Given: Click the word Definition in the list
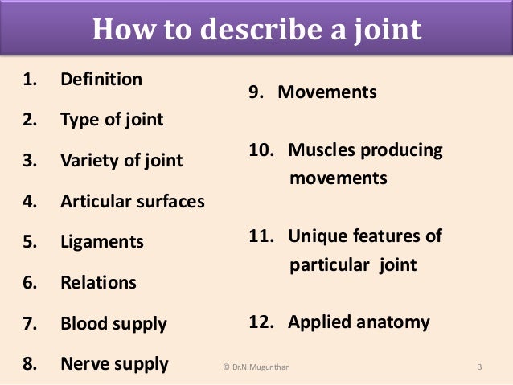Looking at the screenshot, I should pyautogui.click(x=101, y=80).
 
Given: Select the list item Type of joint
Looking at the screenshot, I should pyautogui.click(x=112, y=120).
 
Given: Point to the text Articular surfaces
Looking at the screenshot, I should pyautogui.click(x=133, y=201).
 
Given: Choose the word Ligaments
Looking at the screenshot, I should pyautogui.click(x=102, y=242).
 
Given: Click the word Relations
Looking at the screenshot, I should pyautogui.click(x=98, y=282).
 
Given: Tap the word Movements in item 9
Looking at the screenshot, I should pyautogui.click(x=327, y=92).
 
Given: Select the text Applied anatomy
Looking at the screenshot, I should pyautogui.click(x=359, y=322).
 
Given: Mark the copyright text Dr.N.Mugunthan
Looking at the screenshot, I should pyautogui.click(x=258, y=367).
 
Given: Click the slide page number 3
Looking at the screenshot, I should pyautogui.click(x=479, y=367).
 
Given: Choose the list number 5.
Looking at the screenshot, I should pyautogui.click(x=29, y=242).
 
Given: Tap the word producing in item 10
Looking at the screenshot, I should pyautogui.click(x=403, y=149).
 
